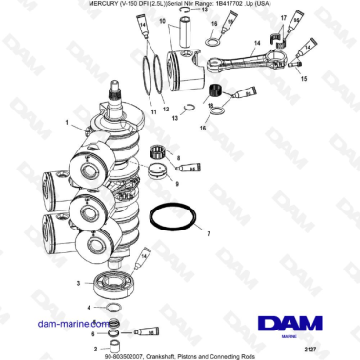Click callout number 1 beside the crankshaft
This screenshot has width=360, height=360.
pyautogui.click(x=66, y=122)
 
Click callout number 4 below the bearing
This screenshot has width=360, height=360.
pyautogui.click(x=90, y=308)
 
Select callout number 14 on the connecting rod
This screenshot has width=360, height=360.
pyautogui.click(x=256, y=45)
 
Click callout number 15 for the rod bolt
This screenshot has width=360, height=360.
pyautogui.click(x=304, y=79)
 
